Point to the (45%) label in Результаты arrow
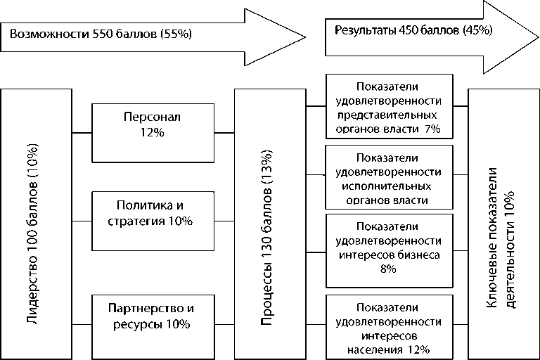tap(478, 30)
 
